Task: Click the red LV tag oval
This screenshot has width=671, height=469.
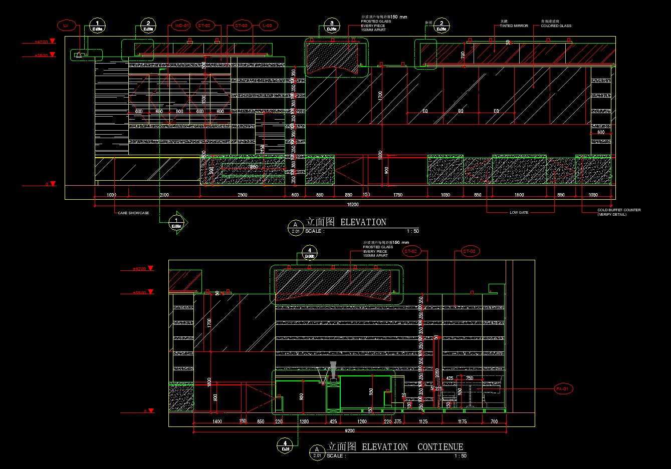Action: pos(66,26)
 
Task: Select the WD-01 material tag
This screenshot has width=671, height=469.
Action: pos(181,26)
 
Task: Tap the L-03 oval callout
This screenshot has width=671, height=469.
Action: pos(268,26)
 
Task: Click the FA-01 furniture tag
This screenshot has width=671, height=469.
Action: pos(563,389)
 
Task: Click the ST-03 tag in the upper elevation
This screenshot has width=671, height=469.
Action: pos(242,26)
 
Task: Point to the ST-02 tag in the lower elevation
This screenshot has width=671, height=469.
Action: pos(410,251)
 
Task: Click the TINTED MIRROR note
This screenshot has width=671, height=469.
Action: pos(514,26)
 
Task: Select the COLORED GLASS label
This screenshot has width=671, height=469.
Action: pos(556,26)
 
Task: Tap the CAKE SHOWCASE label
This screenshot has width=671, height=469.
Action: pos(133,213)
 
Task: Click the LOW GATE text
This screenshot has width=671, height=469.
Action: pos(519,212)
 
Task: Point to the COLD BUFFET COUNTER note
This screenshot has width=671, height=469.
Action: pos(619,210)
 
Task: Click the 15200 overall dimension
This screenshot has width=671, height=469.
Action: pos(353,204)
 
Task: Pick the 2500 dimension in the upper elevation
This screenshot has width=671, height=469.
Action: pos(243,195)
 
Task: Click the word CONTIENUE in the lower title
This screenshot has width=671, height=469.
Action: pos(440,447)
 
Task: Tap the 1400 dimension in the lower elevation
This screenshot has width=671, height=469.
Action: pos(217,421)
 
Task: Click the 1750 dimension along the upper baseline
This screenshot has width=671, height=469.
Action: pos(397,195)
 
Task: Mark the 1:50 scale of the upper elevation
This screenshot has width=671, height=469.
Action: pos(412,231)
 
